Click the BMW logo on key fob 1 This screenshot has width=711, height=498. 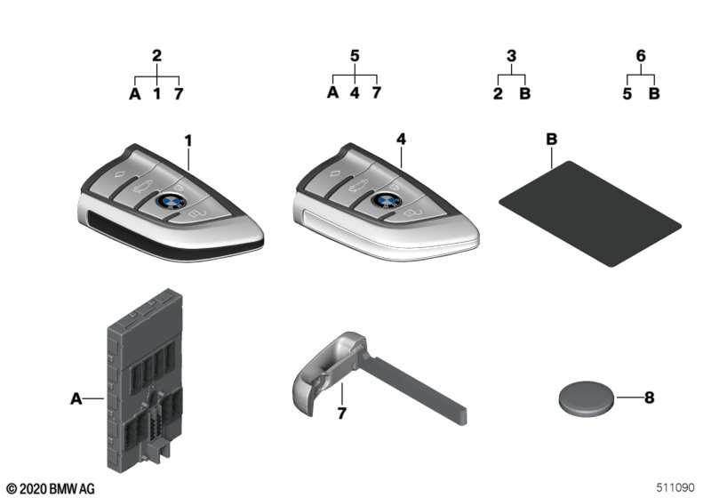coord(171,201)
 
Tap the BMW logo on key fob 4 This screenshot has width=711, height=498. coord(387,199)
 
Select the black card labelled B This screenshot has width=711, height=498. coord(590,213)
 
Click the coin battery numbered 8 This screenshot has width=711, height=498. coord(586,398)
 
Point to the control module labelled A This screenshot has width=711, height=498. coord(145,381)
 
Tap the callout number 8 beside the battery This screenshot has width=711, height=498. coord(650,398)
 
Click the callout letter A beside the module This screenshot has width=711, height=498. coord(76,398)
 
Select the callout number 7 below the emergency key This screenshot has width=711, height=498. coord(341,413)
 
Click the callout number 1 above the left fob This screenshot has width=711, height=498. coord(188,141)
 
